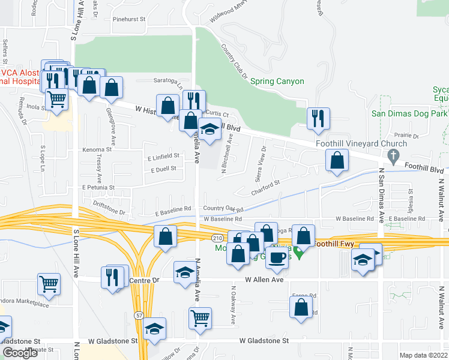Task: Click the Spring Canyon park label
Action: pos(277,82)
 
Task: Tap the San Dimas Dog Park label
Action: pos(410,113)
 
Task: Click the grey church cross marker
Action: pos(393,157)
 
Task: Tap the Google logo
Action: pos(20,352)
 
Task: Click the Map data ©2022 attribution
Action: pos(423,355)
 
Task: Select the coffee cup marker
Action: pos(277,256)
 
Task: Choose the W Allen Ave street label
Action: pos(264,280)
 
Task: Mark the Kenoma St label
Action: pos(97,149)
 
